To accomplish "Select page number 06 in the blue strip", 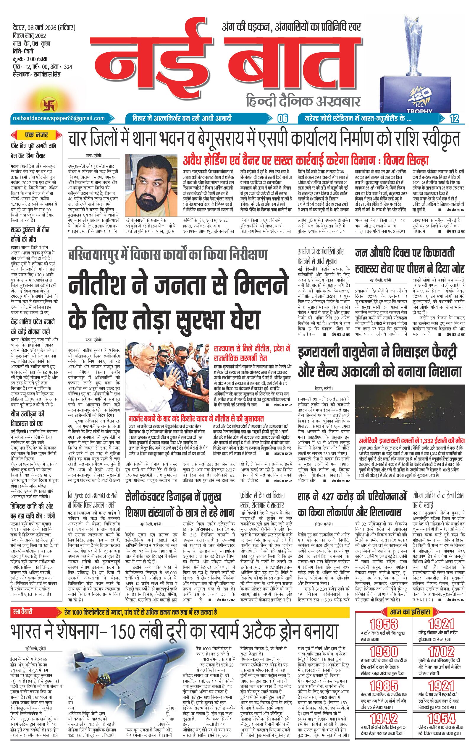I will (282, 119).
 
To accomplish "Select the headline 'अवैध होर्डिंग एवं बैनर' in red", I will (306, 161).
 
